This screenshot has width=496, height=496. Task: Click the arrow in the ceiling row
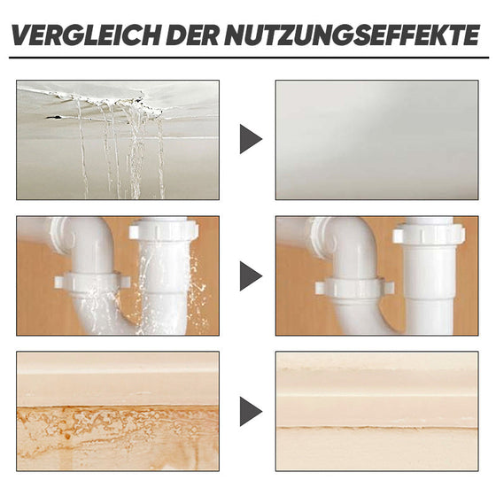coord(250,139)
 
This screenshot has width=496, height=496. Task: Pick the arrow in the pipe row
coord(250,275)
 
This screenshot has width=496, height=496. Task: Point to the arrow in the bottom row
coord(250,410)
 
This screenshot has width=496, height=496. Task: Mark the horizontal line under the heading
coord(248,58)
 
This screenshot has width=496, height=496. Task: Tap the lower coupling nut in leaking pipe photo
coord(93,283)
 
